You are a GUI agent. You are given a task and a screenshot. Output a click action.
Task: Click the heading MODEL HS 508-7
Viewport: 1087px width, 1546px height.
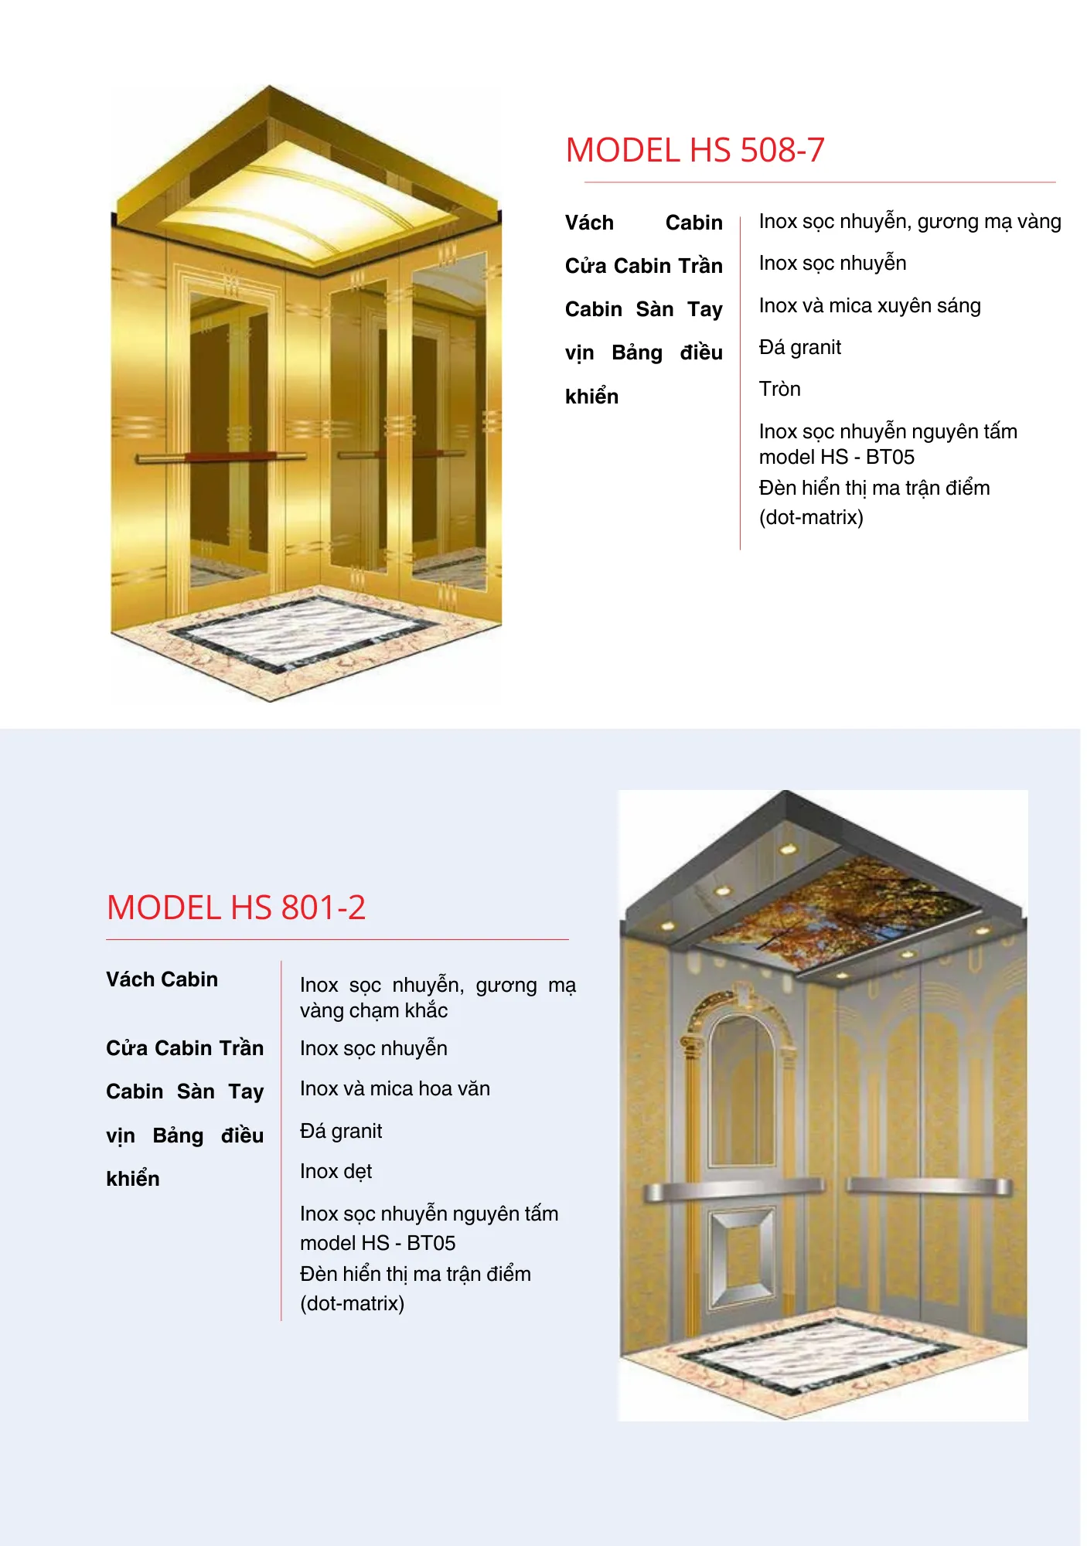(694, 150)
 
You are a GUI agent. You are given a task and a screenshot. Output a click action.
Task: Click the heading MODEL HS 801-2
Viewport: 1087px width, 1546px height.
(236, 908)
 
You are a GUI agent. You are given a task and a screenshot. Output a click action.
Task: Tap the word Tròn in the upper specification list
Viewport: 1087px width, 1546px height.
(779, 389)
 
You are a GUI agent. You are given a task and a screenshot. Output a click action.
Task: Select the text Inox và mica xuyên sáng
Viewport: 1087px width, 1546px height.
(869, 305)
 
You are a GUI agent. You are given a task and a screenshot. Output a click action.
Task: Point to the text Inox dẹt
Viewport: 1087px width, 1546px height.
(336, 1171)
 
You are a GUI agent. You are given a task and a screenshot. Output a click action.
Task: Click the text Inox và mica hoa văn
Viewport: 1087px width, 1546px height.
(394, 1088)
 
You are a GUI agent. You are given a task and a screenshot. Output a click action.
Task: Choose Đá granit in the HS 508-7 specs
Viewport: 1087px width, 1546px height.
(799, 347)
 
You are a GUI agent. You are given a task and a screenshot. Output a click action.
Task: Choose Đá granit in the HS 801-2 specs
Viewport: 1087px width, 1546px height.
(341, 1131)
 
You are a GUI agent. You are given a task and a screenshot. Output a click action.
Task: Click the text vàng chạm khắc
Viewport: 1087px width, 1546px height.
(373, 1010)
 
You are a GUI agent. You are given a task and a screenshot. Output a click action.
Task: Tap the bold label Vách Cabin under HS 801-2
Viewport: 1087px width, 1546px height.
(162, 979)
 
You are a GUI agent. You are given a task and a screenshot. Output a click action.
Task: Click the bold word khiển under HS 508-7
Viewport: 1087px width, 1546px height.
(591, 397)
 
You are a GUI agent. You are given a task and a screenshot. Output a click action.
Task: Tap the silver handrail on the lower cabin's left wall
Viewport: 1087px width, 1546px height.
(734, 1189)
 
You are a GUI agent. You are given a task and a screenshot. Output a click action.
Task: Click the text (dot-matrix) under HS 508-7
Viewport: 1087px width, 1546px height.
(810, 517)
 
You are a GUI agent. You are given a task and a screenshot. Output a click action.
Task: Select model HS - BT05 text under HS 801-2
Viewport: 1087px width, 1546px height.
(377, 1243)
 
